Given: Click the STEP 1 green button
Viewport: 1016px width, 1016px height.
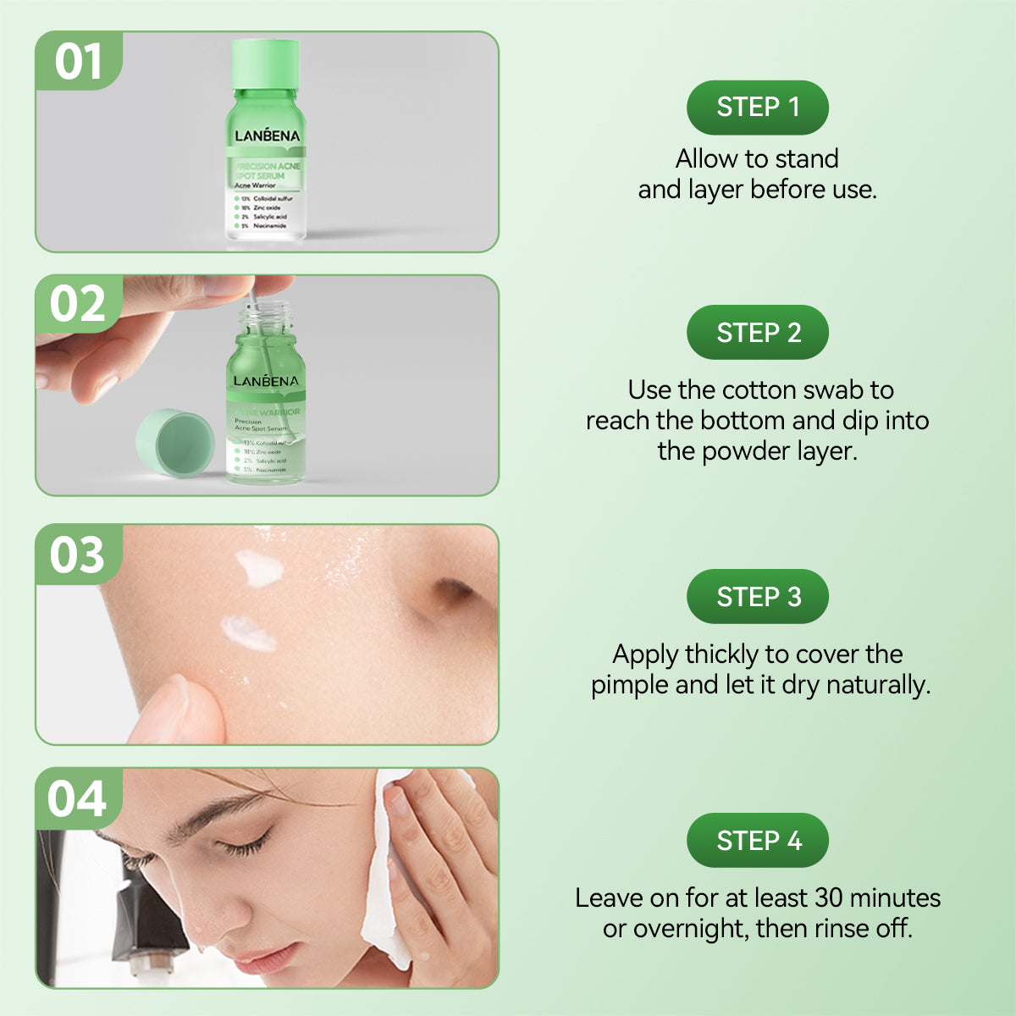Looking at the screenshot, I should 757,108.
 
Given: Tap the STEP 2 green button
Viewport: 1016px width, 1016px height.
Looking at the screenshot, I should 757,333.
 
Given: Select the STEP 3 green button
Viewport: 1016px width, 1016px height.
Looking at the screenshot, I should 757,597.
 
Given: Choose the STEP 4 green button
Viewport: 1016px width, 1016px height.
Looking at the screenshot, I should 757,841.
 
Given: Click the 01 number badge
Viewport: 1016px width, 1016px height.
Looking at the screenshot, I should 79,62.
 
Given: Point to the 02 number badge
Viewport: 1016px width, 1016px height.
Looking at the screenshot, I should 78,305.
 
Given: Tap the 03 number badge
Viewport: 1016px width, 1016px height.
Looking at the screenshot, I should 78,555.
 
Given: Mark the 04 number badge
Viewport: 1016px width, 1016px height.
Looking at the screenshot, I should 78,799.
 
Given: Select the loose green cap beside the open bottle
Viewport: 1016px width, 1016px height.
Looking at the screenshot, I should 174,443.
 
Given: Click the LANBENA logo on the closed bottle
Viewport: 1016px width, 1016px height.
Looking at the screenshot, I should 268,135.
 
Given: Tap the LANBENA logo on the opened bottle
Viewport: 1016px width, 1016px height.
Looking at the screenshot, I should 266,381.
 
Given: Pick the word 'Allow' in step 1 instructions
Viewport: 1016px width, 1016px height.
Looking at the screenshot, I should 706,159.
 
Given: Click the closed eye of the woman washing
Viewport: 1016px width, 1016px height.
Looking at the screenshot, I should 246,843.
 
